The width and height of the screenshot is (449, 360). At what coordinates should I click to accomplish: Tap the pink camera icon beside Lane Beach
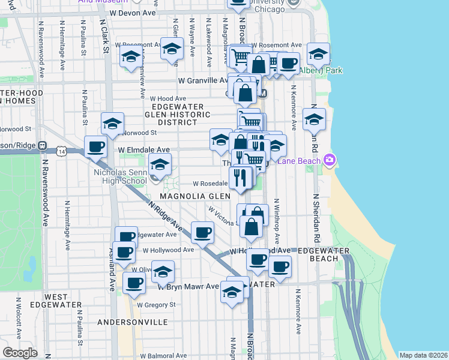click(328, 160)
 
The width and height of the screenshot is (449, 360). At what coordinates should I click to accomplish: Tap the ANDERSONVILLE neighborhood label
click(133, 322)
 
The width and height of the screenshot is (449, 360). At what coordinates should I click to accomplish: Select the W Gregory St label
click(155, 304)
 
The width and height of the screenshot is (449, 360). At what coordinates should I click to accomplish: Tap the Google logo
click(20, 353)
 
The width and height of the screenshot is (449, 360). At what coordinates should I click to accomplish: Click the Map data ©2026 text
click(423, 355)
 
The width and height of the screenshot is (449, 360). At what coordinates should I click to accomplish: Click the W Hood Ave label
click(169, 98)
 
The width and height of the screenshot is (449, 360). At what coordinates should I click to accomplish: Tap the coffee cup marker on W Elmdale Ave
click(95, 146)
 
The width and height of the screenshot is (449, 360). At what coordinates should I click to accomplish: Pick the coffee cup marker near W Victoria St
click(202, 232)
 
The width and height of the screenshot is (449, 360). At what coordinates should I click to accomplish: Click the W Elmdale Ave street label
click(144, 149)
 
